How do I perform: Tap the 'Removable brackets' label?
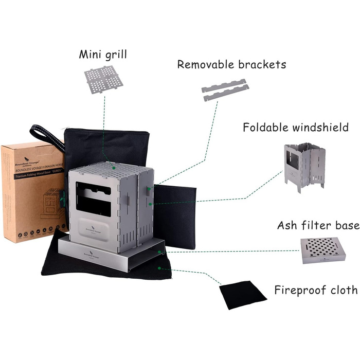click(x=231, y=64)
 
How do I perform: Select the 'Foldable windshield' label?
click(x=296, y=127)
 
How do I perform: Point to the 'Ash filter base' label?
click(x=317, y=225)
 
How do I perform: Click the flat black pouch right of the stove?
click(x=177, y=216)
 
